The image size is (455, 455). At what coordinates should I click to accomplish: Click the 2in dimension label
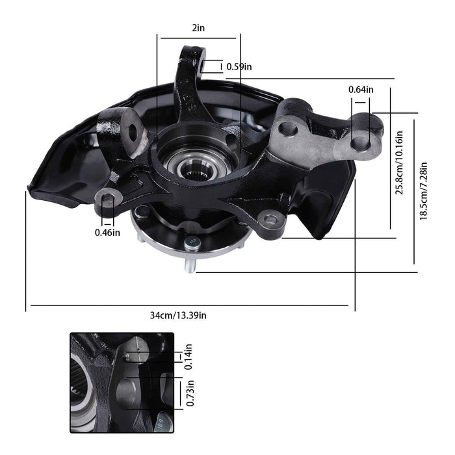[198, 28]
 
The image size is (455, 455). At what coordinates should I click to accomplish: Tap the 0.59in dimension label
[239, 66]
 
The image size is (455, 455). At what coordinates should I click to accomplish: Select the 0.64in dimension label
[361, 89]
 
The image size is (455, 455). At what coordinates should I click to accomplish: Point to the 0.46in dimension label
[107, 232]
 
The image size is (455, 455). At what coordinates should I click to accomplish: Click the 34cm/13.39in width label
[179, 315]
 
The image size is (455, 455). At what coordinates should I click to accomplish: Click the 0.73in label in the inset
[188, 393]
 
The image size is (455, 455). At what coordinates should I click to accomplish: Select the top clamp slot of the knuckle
[204, 66]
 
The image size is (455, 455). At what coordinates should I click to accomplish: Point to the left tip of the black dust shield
[27, 188]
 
